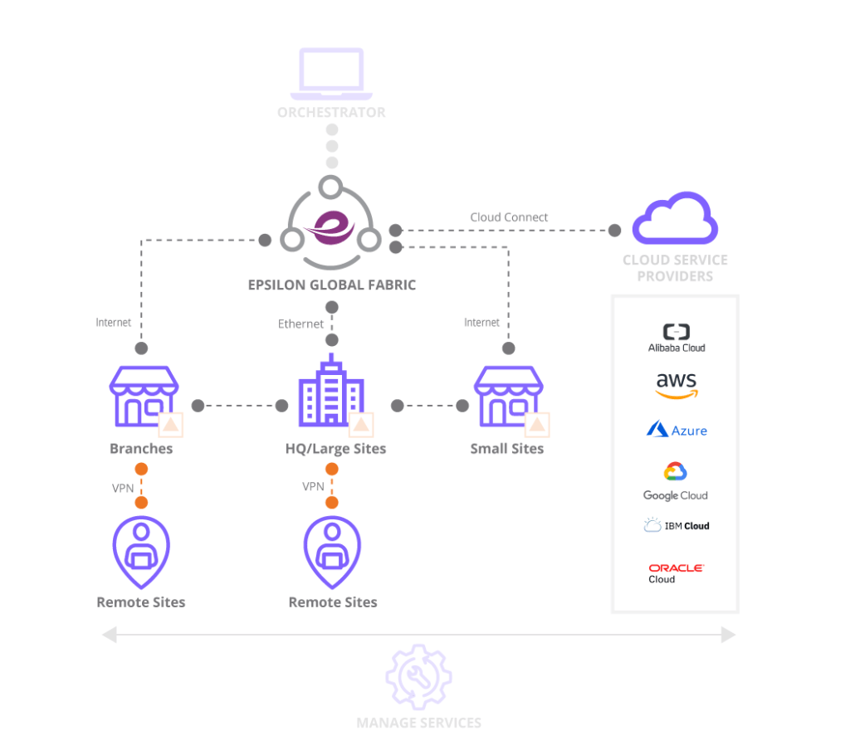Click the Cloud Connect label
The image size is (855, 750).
[x=509, y=217]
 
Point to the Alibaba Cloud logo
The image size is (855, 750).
[x=677, y=338]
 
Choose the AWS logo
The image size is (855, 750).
[x=677, y=385]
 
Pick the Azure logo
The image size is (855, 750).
[x=677, y=430]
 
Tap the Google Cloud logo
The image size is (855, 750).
[x=676, y=481]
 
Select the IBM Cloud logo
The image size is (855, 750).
[x=677, y=525]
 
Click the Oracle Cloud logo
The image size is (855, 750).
[x=676, y=572]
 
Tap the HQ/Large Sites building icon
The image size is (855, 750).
[x=332, y=392]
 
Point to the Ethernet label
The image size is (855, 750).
[x=300, y=324]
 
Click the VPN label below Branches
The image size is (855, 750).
[x=123, y=488]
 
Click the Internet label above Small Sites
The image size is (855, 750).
[x=481, y=322]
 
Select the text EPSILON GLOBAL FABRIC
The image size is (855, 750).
[x=332, y=285]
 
